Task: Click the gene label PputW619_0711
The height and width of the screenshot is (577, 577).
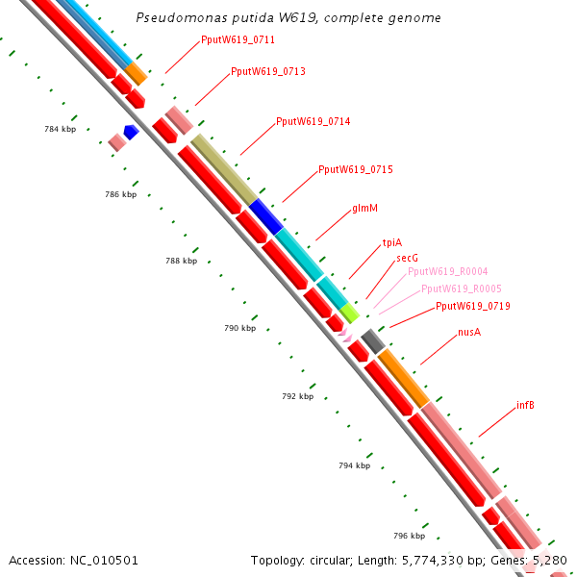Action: [238, 40]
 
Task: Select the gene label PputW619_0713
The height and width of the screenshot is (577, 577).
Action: [268, 72]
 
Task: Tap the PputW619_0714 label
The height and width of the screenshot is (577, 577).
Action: [313, 122]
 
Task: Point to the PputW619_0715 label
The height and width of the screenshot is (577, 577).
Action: [355, 169]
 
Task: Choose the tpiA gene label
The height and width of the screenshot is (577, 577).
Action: [392, 243]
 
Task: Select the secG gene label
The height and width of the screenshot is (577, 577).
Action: [407, 259]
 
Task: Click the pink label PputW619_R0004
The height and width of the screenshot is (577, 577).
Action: [447, 272]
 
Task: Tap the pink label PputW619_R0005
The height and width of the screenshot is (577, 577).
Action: [461, 288]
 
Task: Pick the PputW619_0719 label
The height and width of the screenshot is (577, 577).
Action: [472, 307]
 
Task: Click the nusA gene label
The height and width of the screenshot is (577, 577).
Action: [469, 333]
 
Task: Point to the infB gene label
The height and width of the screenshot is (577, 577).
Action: [525, 406]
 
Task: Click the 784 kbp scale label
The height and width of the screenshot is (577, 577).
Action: [60, 129]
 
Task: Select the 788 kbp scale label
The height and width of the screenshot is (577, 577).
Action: [181, 261]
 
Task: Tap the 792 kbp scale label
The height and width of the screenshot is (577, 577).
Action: [298, 396]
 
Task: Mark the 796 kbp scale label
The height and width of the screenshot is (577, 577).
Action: [409, 536]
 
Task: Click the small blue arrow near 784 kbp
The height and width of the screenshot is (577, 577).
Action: [132, 131]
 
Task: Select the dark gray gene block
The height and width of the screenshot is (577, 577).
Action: [373, 340]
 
